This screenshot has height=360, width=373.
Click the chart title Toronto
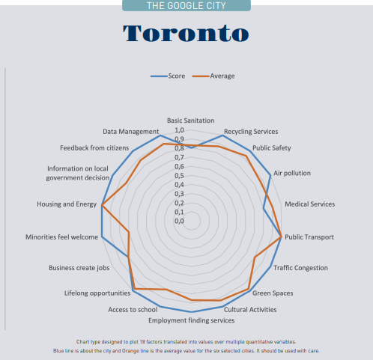[186, 34]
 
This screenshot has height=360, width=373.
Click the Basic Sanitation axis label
[190, 120]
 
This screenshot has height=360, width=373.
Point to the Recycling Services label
[251, 132]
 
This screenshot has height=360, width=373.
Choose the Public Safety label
[272, 148]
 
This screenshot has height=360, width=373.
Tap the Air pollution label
[292, 173]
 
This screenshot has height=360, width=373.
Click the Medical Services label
[310, 204]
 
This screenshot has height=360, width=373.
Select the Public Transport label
[309, 237]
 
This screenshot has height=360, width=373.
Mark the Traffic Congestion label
[300, 267]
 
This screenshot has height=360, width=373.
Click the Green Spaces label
[273, 293]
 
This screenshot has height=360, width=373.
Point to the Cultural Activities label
[250, 309]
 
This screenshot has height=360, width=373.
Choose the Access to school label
[133, 309]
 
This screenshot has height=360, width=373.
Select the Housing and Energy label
[67, 204]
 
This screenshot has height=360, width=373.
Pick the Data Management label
[131, 132]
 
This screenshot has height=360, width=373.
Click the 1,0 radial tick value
[180, 130]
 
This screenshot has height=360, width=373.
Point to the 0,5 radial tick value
[180, 175]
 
